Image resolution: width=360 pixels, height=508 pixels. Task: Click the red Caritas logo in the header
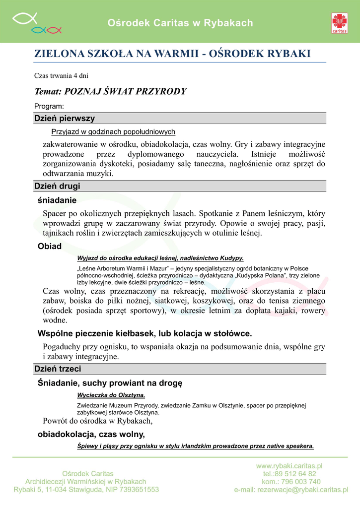click(340, 23)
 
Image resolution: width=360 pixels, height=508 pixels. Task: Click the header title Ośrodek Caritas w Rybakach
click(180, 23)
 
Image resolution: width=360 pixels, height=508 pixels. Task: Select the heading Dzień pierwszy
click(64, 119)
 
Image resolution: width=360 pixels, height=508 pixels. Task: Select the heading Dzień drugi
click(57, 186)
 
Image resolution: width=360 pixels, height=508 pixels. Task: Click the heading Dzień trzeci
click(57, 369)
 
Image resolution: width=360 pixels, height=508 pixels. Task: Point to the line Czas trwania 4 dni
click(61, 76)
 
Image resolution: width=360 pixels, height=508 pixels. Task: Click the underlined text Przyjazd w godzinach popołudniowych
click(113, 132)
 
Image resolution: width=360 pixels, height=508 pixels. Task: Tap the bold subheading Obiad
click(50, 247)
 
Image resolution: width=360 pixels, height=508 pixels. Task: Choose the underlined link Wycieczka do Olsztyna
click(111, 395)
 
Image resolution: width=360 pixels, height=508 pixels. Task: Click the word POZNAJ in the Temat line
click(82, 91)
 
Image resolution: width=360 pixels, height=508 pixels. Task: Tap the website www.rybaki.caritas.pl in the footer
click(289, 466)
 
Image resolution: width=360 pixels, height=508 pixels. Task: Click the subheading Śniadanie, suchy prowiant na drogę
click(110, 383)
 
